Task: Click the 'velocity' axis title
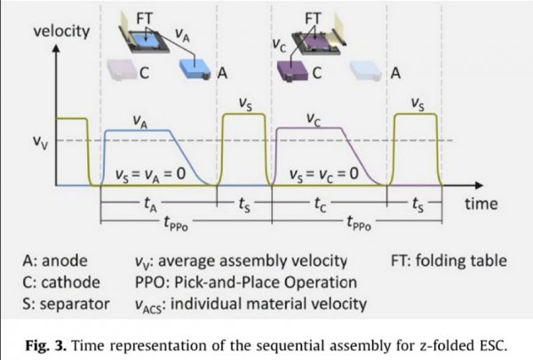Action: click(61, 33)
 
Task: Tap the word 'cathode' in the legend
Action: click(71, 284)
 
